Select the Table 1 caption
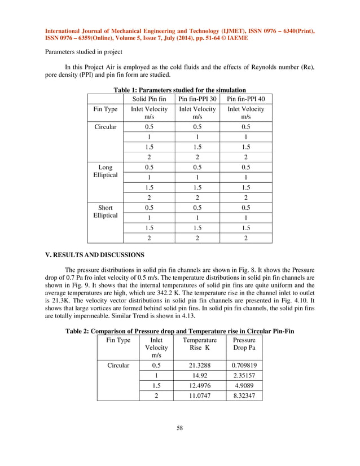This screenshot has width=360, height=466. click(179, 90)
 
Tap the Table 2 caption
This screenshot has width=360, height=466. click(179, 330)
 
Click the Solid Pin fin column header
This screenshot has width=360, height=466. click(149, 99)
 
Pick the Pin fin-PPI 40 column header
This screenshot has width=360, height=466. click(245, 99)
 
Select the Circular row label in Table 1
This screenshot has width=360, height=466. click(106, 127)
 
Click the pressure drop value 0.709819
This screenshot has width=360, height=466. click(244, 365)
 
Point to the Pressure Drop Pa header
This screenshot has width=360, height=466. click(244, 345)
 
